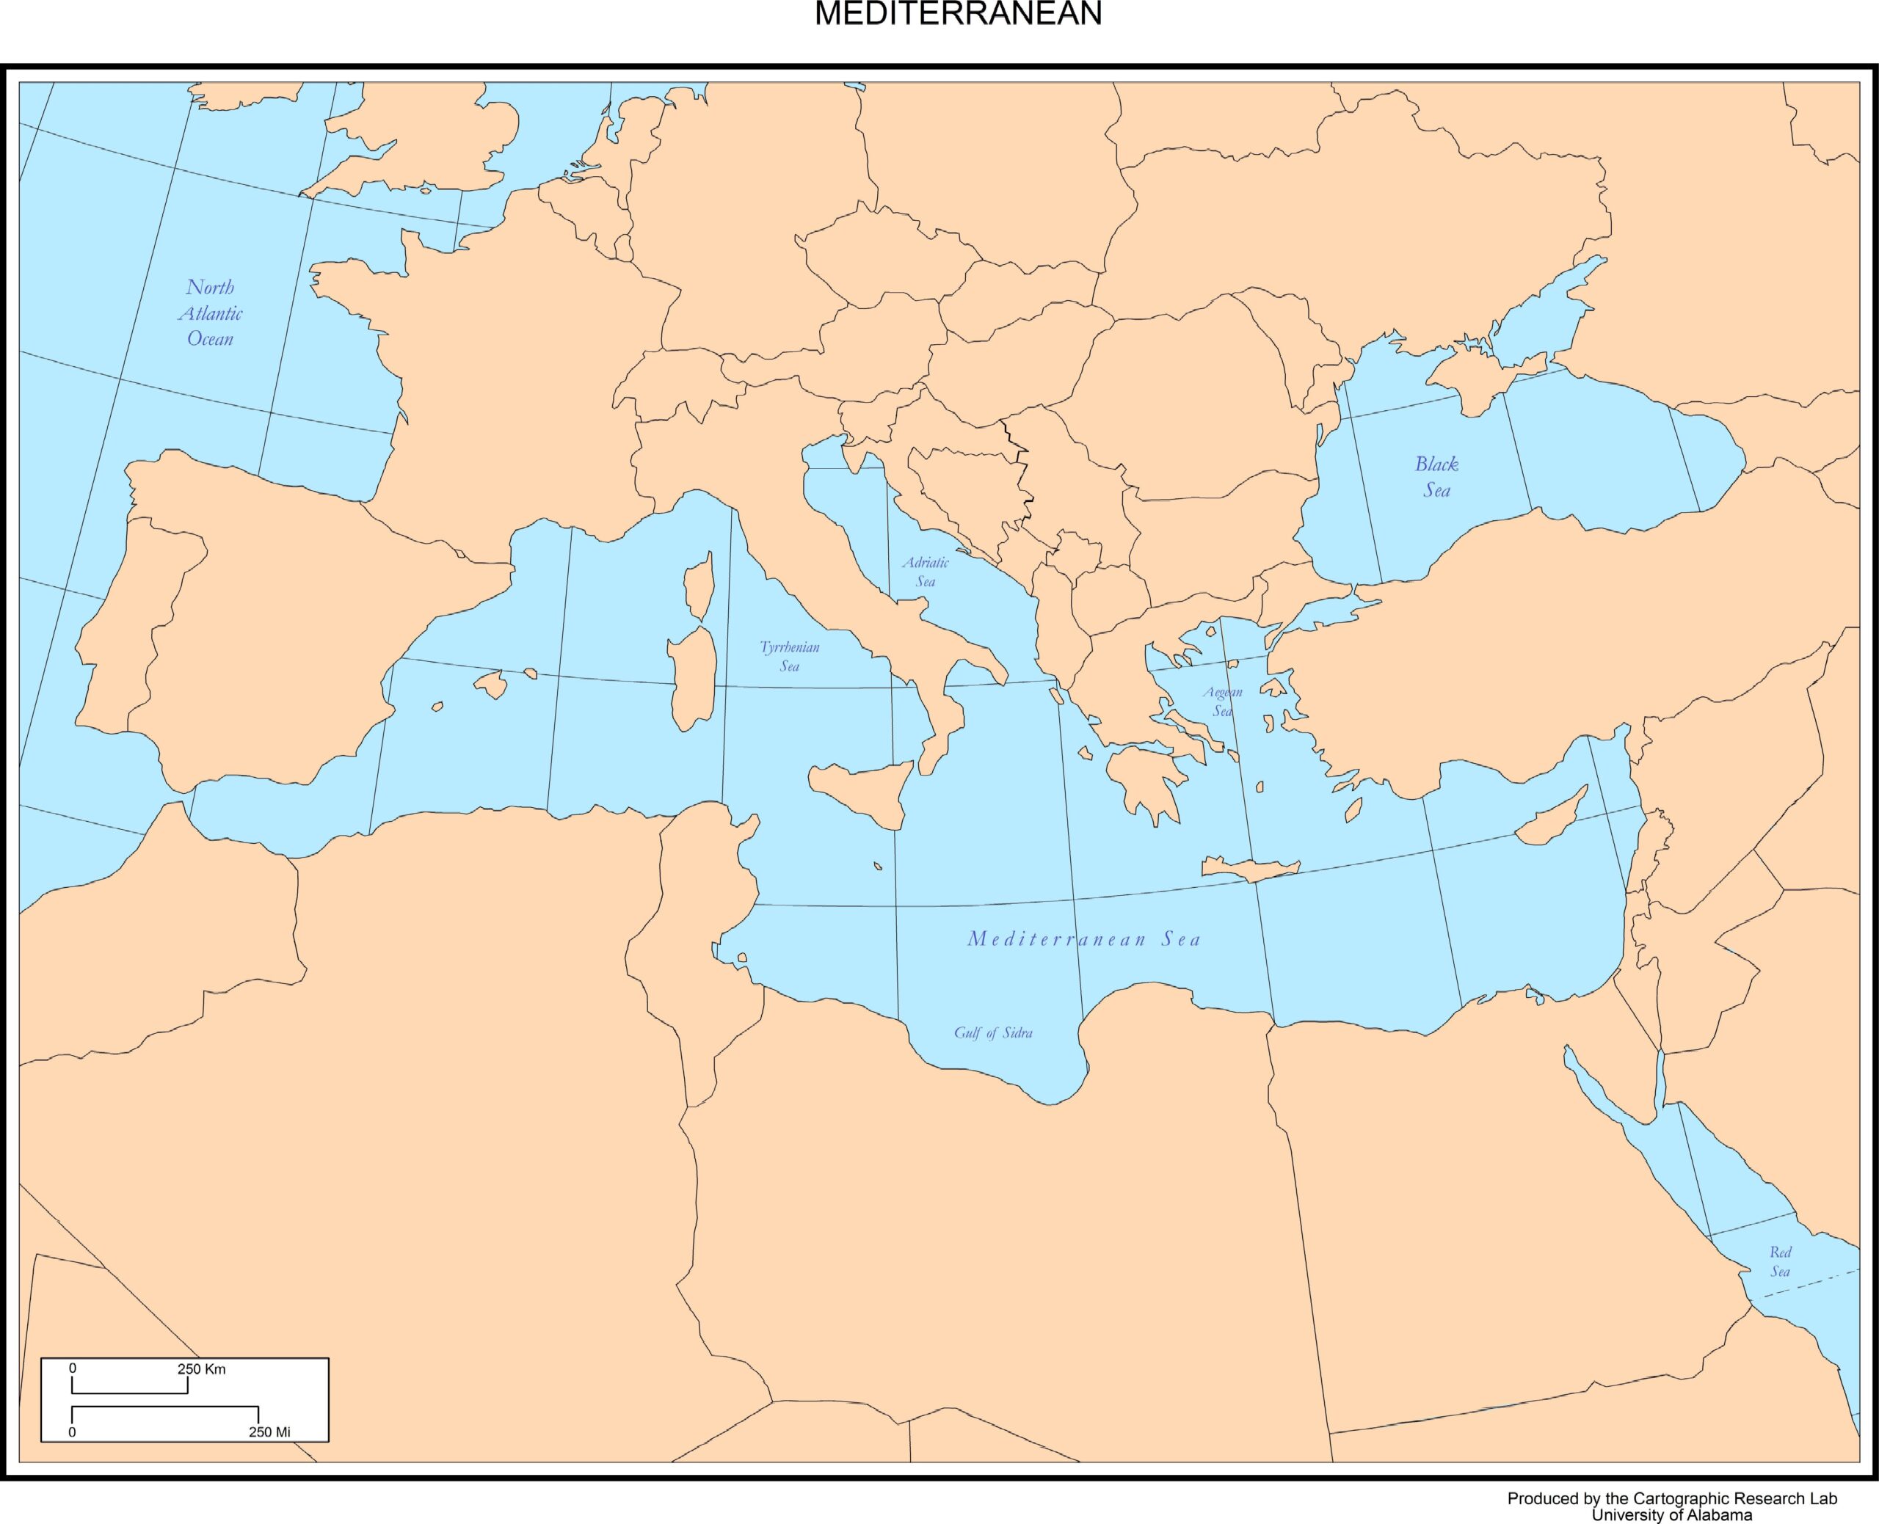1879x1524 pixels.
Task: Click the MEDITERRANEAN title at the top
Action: click(x=958, y=14)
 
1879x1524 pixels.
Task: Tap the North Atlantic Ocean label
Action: click(x=211, y=313)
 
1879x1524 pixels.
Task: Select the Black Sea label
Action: click(x=1436, y=477)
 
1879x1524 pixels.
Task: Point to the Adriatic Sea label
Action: click(x=926, y=572)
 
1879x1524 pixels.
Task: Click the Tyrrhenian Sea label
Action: click(x=789, y=657)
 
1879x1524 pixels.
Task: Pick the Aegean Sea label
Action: click(x=1222, y=701)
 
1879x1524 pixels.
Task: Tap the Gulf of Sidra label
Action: click(x=993, y=1033)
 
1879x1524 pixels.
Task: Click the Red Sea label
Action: click(x=1780, y=1261)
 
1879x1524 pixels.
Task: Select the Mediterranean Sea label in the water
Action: click(x=1083, y=939)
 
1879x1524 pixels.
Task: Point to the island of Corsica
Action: click(x=699, y=585)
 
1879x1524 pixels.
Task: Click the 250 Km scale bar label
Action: click(x=201, y=1368)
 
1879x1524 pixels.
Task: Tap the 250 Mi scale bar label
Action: click(x=269, y=1432)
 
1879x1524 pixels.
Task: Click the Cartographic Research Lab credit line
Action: click(x=1672, y=1498)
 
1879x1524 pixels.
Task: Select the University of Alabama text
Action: click(x=1672, y=1514)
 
